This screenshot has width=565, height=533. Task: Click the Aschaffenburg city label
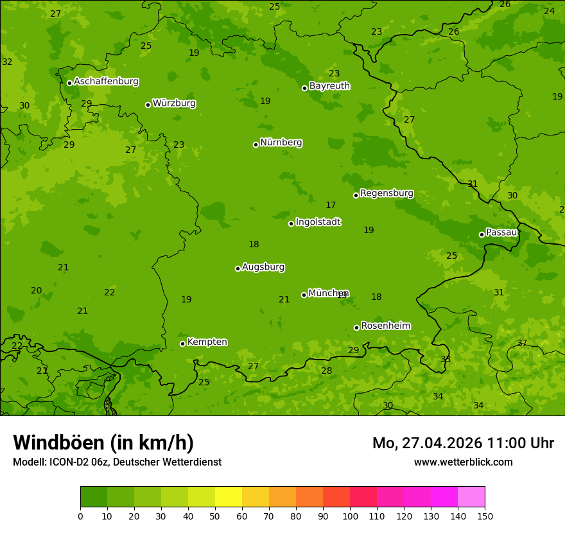click(106, 82)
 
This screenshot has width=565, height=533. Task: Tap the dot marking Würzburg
click(148, 105)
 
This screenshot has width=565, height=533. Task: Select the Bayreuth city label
click(329, 86)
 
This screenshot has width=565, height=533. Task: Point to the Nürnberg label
click(281, 143)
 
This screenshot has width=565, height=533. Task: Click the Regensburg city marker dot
click(356, 195)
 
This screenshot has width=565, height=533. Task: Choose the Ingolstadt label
click(318, 222)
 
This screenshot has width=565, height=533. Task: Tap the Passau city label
click(501, 232)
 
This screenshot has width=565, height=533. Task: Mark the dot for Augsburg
click(238, 268)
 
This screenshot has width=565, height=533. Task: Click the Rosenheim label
click(385, 326)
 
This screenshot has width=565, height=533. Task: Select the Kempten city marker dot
click(182, 344)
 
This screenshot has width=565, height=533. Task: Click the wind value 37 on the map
click(522, 344)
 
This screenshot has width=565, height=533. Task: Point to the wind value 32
click(7, 62)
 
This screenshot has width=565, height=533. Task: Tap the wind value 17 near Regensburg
click(331, 205)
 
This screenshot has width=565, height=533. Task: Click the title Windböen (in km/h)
click(103, 442)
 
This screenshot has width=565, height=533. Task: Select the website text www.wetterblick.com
click(463, 462)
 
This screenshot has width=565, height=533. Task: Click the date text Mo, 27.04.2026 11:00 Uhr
click(463, 443)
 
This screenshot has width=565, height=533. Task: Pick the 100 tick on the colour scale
click(350, 515)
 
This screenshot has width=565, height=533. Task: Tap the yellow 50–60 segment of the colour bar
click(229, 497)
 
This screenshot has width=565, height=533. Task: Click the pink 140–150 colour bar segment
click(471, 497)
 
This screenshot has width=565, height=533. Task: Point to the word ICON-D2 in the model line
click(69, 462)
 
